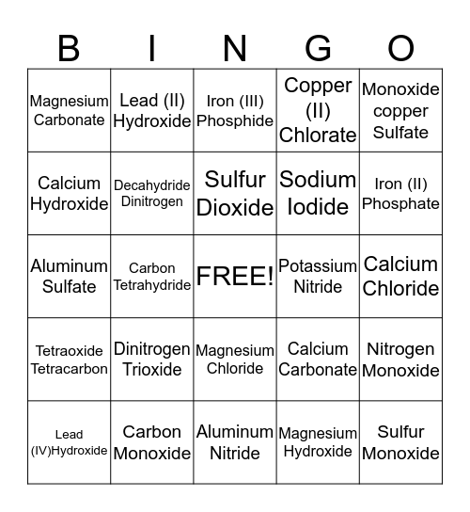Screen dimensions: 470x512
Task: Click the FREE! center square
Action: point(235,276)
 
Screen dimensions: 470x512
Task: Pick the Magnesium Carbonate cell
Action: point(69,110)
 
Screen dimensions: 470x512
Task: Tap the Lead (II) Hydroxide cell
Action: point(152,110)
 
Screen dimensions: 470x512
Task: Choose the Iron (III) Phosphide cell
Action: point(235,110)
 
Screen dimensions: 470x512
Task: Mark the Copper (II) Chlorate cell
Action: point(318,110)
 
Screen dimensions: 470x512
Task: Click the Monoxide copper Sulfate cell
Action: point(400,110)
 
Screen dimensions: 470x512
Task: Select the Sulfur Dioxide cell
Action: point(235,193)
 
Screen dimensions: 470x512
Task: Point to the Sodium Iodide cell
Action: point(318,193)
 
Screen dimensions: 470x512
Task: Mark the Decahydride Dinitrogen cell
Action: point(152,193)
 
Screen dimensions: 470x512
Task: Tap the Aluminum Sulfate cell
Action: point(69,276)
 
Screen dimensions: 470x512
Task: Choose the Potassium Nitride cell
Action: point(318,276)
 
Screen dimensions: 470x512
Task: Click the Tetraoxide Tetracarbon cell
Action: point(69,360)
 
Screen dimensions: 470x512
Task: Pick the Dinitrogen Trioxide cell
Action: point(152,360)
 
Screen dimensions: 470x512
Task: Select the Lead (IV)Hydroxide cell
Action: point(69,442)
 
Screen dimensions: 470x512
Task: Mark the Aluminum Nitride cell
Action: point(235,442)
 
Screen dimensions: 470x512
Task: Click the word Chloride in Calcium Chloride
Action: point(400,288)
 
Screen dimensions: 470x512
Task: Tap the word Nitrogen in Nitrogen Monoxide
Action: point(400,349)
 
